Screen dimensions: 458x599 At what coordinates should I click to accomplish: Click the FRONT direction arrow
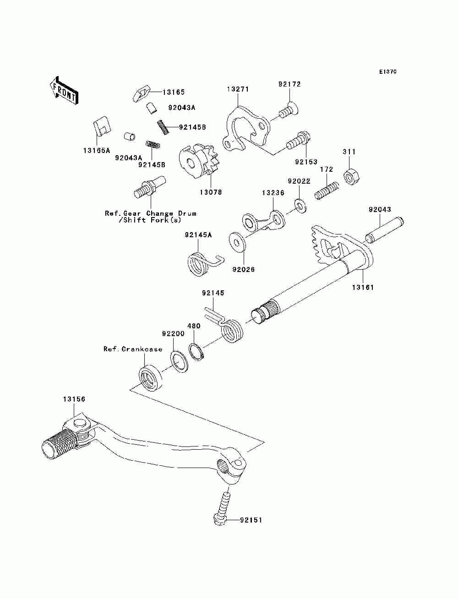[64, 90]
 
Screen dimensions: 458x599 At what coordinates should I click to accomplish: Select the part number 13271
[238, 89]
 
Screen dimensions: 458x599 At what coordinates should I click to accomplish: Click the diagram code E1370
[387, 72]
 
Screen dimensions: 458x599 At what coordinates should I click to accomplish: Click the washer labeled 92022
[300, 207]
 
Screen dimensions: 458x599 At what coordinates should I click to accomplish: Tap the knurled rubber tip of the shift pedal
[60, 445]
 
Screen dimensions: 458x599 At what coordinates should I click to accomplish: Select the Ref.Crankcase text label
[133, 349]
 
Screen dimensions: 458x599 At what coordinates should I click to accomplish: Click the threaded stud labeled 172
[327, 191]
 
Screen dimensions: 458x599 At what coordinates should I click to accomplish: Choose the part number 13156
[74, 399]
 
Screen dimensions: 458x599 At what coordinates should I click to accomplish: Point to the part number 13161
[363, 287]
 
